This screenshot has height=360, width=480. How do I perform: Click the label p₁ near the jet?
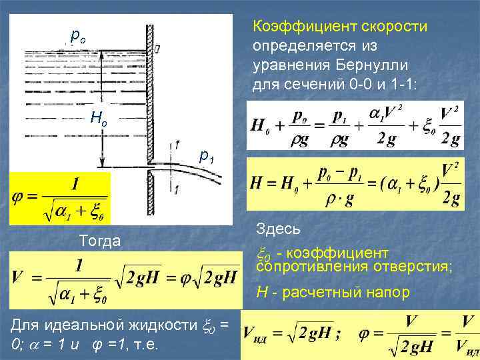tap(207, 156)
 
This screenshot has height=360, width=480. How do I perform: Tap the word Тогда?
tap(99, 241)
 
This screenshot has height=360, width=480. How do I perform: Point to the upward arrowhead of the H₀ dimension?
tap(100, 53)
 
